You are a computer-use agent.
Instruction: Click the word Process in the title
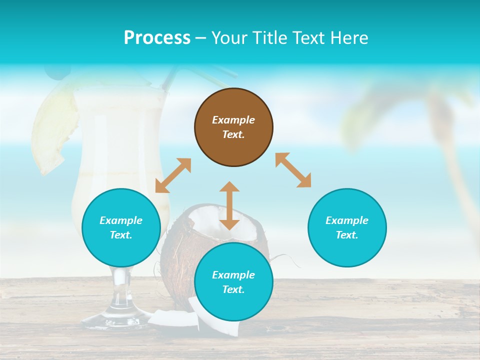[x=157, y=38]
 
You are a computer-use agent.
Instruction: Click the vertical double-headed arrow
[x=229, y=205]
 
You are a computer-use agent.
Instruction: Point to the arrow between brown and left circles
[x=173, y=175]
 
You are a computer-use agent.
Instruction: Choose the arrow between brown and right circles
[x=293, y=170]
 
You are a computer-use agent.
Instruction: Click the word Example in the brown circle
[x=233, y=120]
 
